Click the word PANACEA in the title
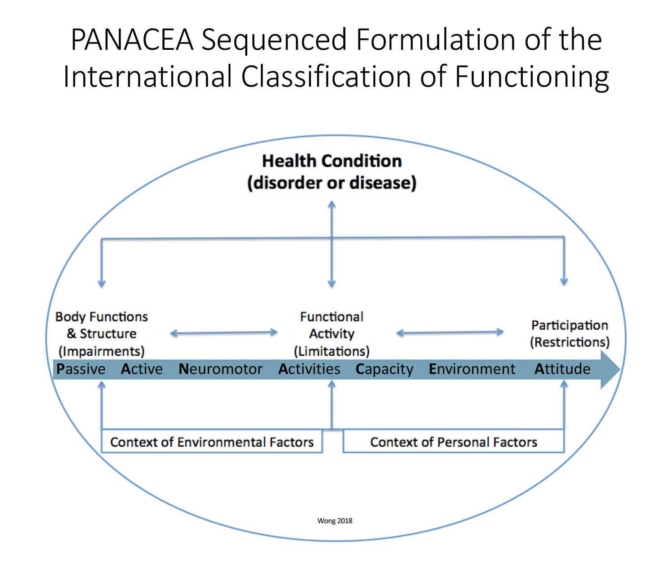tap(132, 39)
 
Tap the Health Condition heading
tap(332, 161)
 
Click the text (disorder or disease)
tap(332, 183)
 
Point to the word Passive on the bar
tap(81, 369)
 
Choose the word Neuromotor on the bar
tap(220, 369)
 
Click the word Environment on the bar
tap(472, 369)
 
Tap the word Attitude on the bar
tap(562, 369)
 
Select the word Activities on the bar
tap(309, 369)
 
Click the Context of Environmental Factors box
tap(212, 441)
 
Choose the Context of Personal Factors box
tap(453, 441)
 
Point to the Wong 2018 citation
tap(335, 521)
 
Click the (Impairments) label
tap(101, 351)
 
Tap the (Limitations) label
tap(332, 351)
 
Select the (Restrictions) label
tap(569, 342)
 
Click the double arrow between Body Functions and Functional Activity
tap(224, 333)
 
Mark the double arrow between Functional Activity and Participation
tap(450, 332)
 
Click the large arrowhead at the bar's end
tap(610, 370)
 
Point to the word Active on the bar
tap(142, 369)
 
